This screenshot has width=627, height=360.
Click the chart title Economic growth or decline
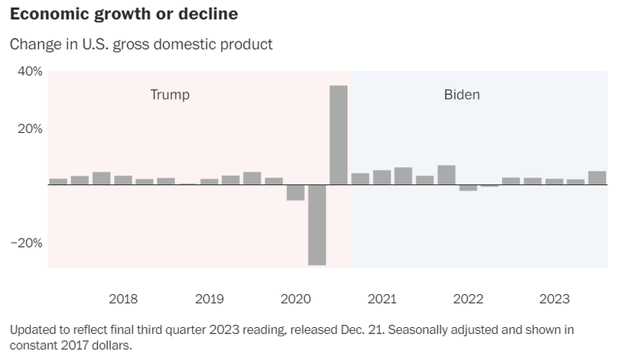coord(123,14)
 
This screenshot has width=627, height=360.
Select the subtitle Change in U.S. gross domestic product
coord(141,44)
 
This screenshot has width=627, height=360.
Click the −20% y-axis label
coord(27,243)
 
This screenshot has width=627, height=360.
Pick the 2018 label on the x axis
coord(123,299)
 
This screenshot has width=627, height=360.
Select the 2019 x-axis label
coord(210,299)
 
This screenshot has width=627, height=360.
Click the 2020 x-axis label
coord(296,299)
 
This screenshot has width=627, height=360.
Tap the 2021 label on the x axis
coord(382,299)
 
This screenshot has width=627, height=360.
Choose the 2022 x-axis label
coord(468,299)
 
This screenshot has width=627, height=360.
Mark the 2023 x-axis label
coord(554,299)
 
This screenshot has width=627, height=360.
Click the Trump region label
coord(170,95)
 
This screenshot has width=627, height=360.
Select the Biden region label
coord(462,95)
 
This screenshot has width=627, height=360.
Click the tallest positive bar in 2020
coord(338,135)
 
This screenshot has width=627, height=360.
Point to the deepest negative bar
coord(317,225)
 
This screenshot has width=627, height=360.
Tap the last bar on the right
coord(597,177)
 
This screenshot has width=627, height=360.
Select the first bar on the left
coord(58,181)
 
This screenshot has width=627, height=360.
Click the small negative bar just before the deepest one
coord(295,193)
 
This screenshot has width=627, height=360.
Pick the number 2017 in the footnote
coord(72,345)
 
